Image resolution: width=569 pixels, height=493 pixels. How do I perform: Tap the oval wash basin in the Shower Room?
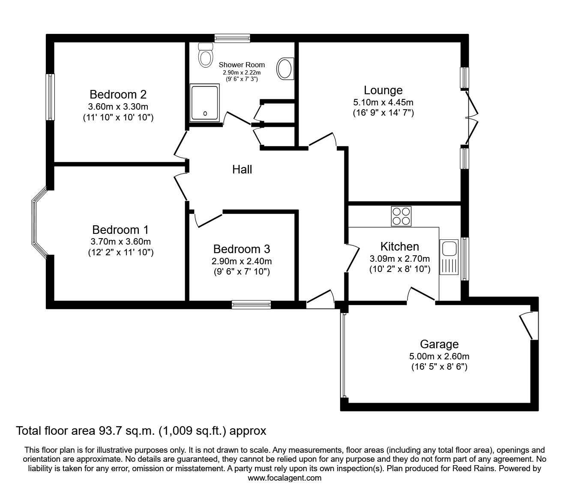tap(285, 69)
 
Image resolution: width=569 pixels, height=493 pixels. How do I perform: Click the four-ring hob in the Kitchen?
tap(401, 216)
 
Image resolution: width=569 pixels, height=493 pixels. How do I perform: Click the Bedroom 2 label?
tap(118, 94)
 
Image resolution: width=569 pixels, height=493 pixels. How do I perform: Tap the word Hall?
tap(242, 170)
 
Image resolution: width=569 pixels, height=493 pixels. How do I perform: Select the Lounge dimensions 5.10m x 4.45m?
tap(383, 102)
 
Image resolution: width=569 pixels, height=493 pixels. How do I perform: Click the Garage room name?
tap(439, 344)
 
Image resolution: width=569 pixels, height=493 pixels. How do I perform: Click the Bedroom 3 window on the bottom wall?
tap(251, 305)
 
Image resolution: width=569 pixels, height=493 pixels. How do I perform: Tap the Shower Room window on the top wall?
tap(232, 39)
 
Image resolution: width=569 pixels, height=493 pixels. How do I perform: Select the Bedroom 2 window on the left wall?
tap(51, 97)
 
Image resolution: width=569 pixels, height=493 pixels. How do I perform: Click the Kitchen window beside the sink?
tap(464, 258)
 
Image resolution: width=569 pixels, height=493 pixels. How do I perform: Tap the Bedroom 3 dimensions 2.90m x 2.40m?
tap(242, 261)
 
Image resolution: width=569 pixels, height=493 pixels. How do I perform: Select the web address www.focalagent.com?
tap(284, 478)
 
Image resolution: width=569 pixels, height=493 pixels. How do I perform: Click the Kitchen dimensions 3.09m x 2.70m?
tap(399, 259)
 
